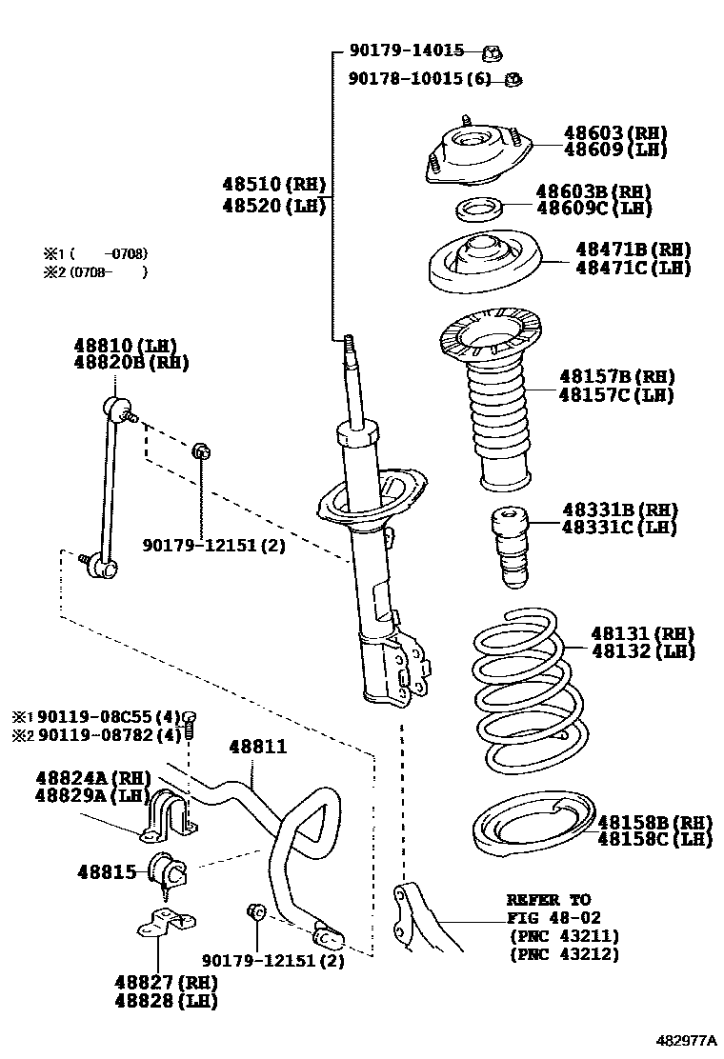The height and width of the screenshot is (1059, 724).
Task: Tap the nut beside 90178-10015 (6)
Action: [512, 79]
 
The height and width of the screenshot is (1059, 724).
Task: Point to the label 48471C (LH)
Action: [633, 268]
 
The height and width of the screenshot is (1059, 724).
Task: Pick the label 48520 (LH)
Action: [274, 205]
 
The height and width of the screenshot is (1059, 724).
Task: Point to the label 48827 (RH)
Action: [166, 982]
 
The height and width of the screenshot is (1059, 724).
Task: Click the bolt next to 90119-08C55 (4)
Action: [189, 723]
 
